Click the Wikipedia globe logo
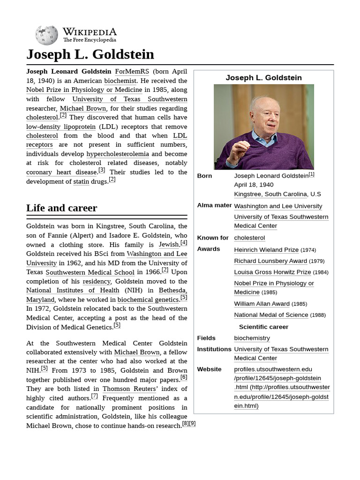(x=46, y=35)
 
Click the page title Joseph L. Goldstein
(x=90, y=54)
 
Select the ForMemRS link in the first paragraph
(x=132, y=71)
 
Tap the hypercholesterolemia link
(x=118, y=154)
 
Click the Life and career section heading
(x=61, y=208)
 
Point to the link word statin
(x=81, y=181)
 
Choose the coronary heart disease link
(x=61, y=172)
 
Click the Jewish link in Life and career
(x=169, y=244)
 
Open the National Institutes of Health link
(x=73, y=290)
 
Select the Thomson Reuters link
(x=129, y=389)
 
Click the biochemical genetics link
(x=148, y=300)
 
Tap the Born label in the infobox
(x=204, y=176)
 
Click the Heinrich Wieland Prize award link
(x=266, y=250)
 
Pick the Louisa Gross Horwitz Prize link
(x=272, y=272)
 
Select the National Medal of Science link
(x=271, y=315)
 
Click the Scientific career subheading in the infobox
(x=263, y=327)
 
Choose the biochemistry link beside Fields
(x=252, y=338)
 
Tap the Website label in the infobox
(x=209, y=369)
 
